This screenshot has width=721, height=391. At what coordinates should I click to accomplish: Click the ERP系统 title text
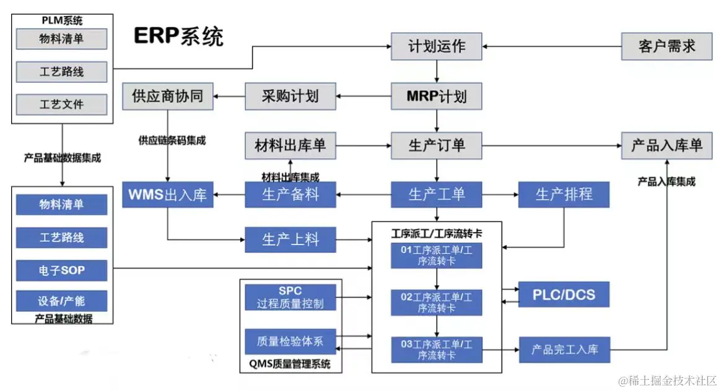pos(178,36)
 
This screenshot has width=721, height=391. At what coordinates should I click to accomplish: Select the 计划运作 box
pos(436,46)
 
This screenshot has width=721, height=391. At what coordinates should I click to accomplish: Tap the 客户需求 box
pos(666,46)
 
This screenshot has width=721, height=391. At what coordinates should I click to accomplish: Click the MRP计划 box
pos(436,97)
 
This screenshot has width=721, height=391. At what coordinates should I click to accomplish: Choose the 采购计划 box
pos(290,97)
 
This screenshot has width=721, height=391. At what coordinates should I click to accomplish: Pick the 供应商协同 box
pos(167,97)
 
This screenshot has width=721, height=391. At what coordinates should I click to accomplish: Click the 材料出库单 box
pos(290,146)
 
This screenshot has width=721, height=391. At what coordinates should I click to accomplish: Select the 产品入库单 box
pos(666,146)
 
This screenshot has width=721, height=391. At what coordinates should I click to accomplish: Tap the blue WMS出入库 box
pos(167,194)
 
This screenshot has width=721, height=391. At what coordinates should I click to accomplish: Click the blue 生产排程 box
pos(564,194)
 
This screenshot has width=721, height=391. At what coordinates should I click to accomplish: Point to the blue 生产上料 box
pos(290,239)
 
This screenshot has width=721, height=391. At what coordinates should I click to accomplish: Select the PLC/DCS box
pos(564,294)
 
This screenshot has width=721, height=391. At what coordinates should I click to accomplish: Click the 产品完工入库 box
pos(564,350)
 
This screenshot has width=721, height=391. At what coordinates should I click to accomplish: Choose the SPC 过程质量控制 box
pos(290,298)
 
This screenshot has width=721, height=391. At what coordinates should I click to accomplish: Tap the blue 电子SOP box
pos(61,270)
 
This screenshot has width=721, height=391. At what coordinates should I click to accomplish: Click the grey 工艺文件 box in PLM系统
pos(61,105)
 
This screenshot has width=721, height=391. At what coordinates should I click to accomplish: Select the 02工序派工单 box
pos(436,303)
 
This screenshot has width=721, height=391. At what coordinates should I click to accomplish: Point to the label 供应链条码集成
pos(172,140)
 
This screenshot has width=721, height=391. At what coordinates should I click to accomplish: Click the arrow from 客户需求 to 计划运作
pos(551,46)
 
